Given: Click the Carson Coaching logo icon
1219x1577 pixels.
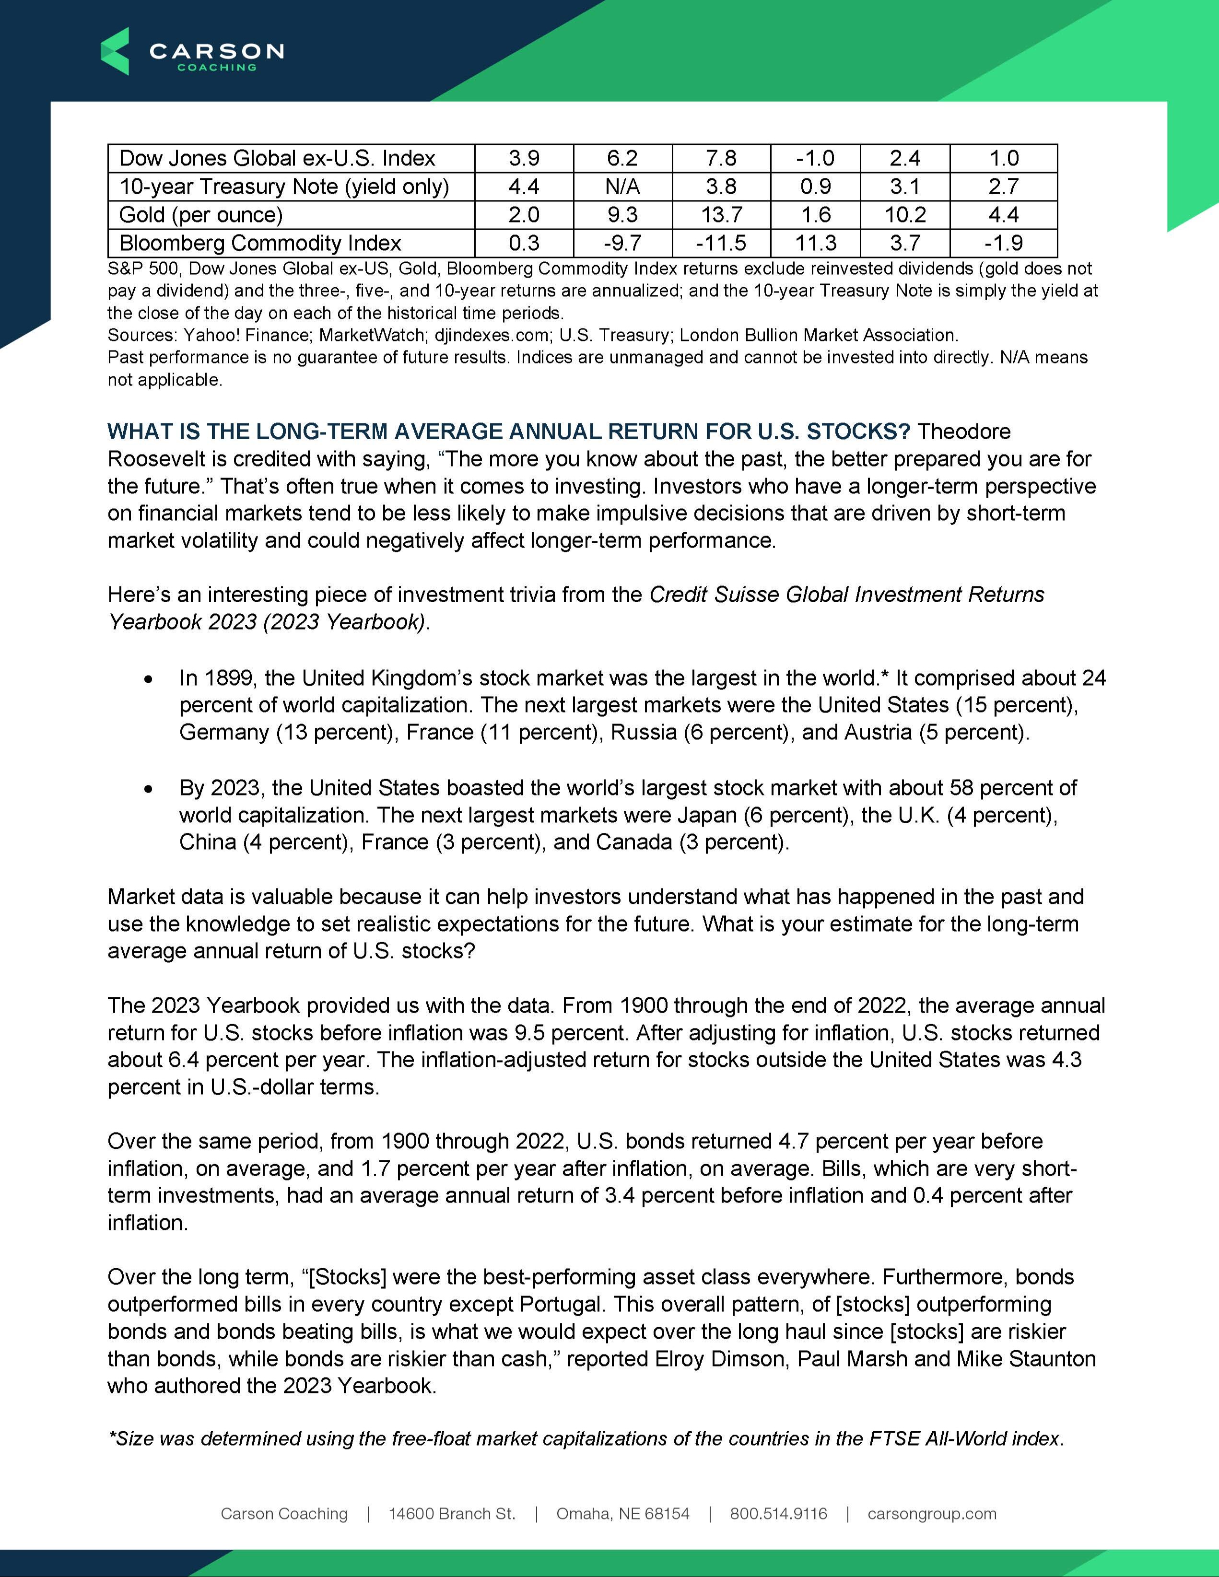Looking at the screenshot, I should pos(115,51).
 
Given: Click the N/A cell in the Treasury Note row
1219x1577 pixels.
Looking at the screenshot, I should pos(622,187).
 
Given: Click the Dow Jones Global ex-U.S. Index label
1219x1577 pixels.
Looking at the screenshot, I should pos(277,159).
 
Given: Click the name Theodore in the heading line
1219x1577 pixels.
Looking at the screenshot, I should pos(963,432).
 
